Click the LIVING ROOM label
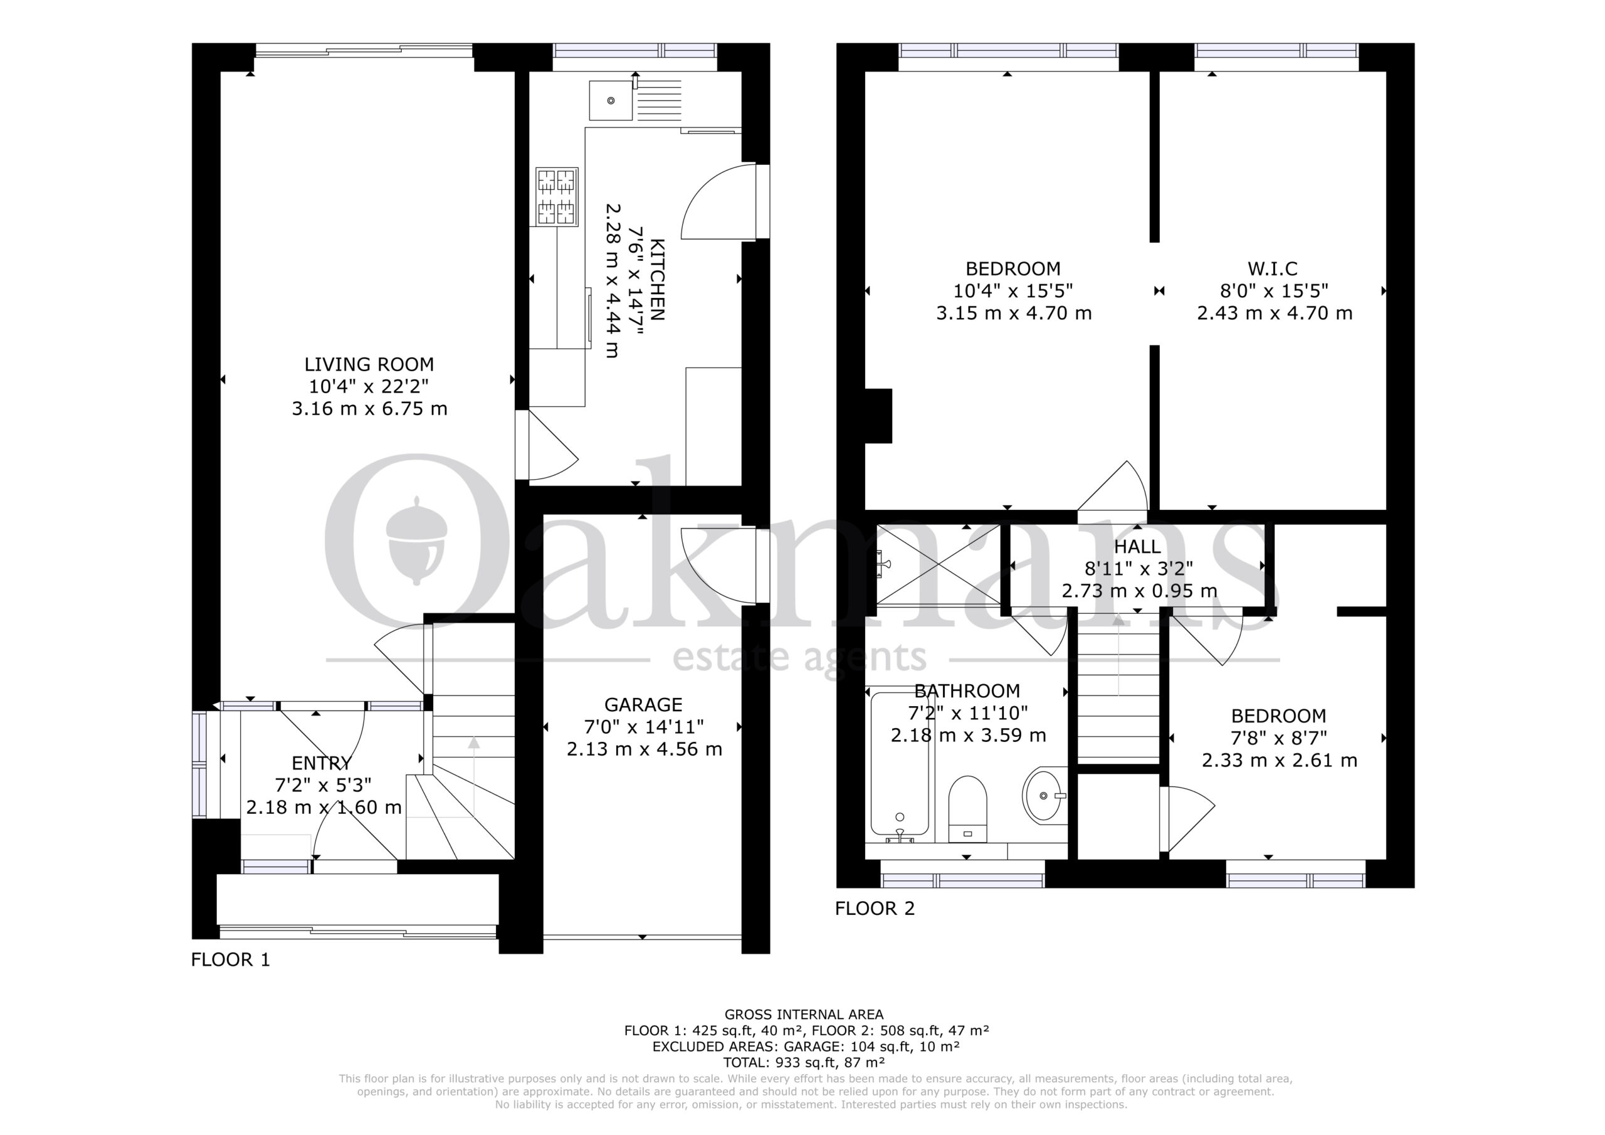click(x=369, y=364)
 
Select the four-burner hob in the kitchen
click(x=557, y=196)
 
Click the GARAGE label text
click(x=643, y=704)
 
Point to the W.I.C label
click(x=1272, y=268)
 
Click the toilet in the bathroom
click(x=967, y=808)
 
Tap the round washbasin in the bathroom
click(x=1045, y=795)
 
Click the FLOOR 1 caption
click(x=230, y=959)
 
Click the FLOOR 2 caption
click(x=875, y=909)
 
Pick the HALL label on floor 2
click(x=1137, y=546)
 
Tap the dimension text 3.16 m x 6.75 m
click(x=369, y=408)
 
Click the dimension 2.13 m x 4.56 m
click(x=644, y=749)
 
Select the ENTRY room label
click(x=322, y=763)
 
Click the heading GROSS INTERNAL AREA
click(x=804, y=1015)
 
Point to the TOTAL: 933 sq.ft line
click(x=804, y=1063)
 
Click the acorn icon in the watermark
click(x=416, y=541)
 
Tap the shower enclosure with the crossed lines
click(x=937, y=564)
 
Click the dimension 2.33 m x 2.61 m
click(x=1279, y=760)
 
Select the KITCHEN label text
click(x=657, y=280)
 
